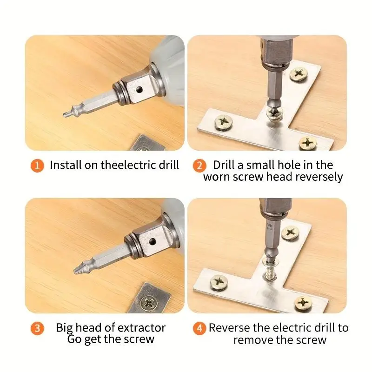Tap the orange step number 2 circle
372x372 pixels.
click(199, 165)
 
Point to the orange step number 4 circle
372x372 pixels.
click(199, 328)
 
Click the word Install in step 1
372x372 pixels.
click(65, 165)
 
